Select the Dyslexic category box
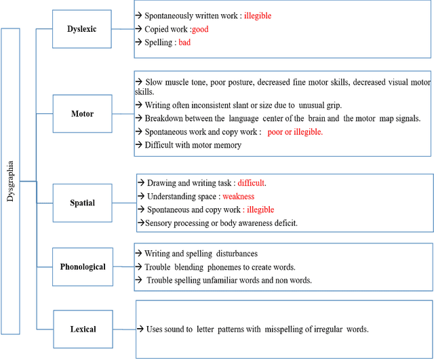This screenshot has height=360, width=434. coord(81,29)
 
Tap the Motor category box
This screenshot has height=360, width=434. coord(82,114)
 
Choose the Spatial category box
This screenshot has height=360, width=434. coord(82,202)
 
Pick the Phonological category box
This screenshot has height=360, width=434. coord(82,266)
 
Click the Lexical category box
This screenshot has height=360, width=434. coord(82,329)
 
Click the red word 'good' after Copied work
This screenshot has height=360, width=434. coord(200,29)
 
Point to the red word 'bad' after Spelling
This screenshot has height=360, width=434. coord(185,43)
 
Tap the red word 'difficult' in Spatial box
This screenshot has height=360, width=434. coord(252,183)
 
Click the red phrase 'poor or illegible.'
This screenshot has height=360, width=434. coord(295,132)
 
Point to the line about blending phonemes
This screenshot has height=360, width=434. coord(220,267)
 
